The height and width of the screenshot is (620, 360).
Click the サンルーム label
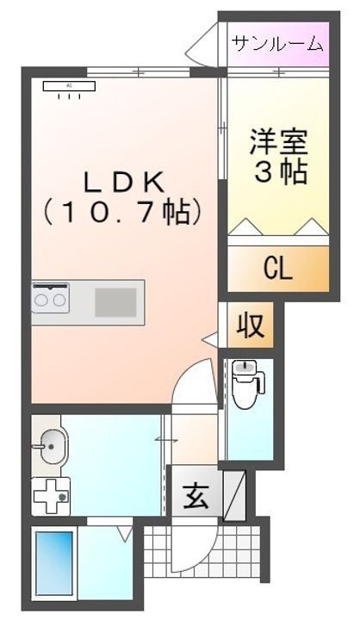(276, 42)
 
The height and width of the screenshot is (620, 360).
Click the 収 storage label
(251, 326)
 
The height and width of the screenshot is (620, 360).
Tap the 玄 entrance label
(194, 496)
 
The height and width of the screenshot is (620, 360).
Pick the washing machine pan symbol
(51, 497)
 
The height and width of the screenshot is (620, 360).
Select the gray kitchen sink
(115, 303)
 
